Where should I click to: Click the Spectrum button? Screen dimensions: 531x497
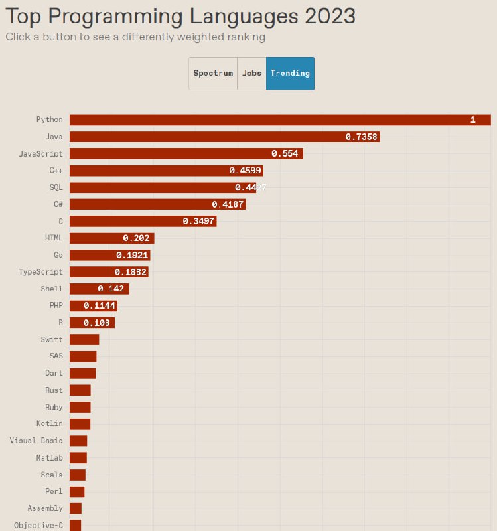pos(213,73)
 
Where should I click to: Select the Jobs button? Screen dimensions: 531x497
pos(251,73)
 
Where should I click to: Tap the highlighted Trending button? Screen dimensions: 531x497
pos(290,73)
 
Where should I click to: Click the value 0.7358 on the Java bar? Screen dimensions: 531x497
pos(362,137)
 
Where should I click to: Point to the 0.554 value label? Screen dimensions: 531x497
pos(285,153)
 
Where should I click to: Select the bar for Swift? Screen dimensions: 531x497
pos(84,340)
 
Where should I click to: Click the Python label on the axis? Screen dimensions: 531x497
pos(50,119)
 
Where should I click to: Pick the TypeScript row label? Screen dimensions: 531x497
pos(41,272)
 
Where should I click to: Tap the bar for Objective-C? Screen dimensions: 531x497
pos(75,525)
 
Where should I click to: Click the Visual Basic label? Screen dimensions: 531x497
pos(36,441)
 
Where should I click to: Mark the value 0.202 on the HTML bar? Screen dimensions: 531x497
pos(137,238)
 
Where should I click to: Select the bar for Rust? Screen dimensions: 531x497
pos(80,390)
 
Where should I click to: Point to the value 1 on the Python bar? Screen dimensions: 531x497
pos(472,119)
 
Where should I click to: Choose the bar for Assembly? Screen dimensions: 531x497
pos(76,508)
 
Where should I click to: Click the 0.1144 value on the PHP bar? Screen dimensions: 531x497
pos(100,305)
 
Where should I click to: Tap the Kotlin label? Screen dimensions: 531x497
pos(50,423)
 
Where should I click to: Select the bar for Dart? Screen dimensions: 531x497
pos(82,373)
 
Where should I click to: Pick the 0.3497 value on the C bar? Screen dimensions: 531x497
pos(199,221)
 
